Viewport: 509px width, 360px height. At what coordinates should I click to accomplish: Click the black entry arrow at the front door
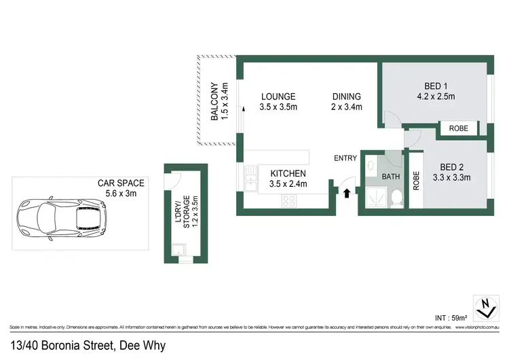pyautogui.click(x=347, y=193)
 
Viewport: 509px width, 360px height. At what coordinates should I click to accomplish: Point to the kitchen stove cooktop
pyautogui.click(x=288, y=200)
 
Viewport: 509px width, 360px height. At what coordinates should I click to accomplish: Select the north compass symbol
pyautogui.click(x=484, y=308)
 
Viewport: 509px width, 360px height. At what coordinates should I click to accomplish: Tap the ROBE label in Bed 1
pyautogui.click(x=458, y=128)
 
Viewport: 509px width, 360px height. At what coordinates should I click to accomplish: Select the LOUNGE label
pyautogui.click(x=278, y=96)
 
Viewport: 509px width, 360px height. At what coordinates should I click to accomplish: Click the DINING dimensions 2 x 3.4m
pyautogui.click(x=346, y=107)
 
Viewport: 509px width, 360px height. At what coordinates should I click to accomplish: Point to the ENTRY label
pyautogui.click(x=345, y=158)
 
